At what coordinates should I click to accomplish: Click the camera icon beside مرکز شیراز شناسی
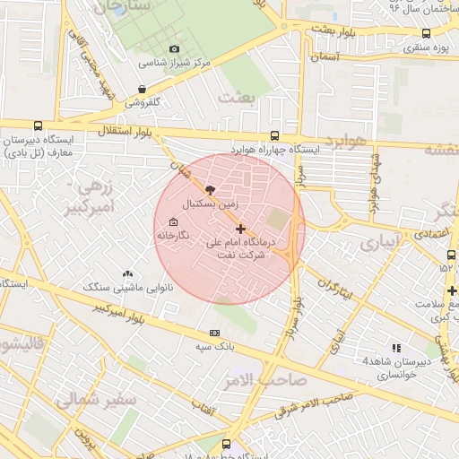(x=173, y=49)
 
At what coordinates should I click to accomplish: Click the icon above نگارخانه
(x=173, y=222)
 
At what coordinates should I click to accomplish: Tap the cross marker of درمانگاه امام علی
(x=240, y=229)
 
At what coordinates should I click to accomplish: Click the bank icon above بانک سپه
(x=214, y=333)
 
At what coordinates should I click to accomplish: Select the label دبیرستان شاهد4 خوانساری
(x=390, y=367)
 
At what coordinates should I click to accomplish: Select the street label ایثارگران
(x=334, y=290)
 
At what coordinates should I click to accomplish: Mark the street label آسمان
(x=327, y=56)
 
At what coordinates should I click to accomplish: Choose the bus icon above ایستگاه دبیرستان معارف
(x=37, y=126)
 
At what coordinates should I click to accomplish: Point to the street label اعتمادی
(x=434, y=234)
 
